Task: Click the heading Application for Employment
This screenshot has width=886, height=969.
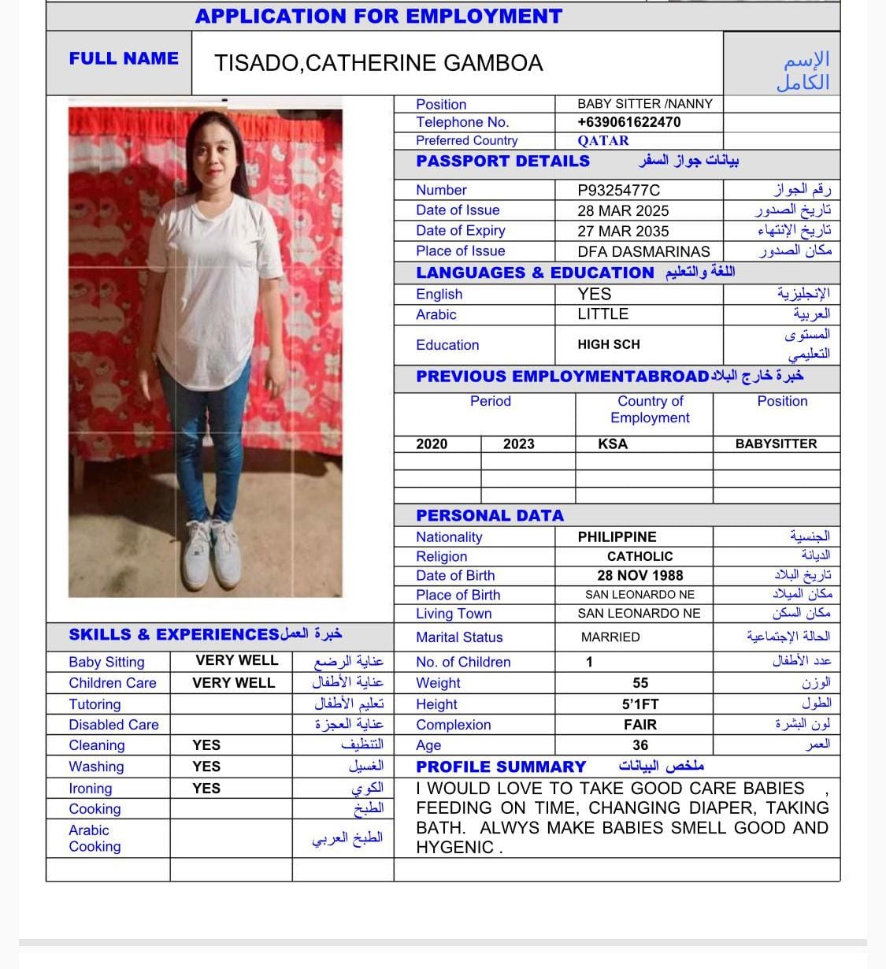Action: (379, 16)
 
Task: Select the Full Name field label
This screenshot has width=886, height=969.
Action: (124, 58)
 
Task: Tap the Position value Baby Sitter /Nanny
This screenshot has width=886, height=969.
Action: (644, 104)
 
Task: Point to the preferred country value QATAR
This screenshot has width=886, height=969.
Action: (603, 141)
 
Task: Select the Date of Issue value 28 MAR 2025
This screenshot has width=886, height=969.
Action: (623, 211)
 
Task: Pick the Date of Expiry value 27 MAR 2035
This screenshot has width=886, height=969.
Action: (623, 232)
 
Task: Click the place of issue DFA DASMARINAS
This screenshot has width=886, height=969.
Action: (643, 252)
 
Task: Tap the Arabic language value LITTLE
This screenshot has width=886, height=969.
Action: (602, 314)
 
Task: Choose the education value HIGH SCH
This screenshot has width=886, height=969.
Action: (609, 344)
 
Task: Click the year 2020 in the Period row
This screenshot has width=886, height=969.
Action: (432, 444)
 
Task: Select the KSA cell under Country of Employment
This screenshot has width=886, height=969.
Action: (613, 444)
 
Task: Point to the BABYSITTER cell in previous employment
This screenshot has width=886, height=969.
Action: (776, 444)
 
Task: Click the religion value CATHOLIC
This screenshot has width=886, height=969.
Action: (639, 557)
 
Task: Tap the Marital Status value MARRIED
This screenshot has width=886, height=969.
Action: (610, 637)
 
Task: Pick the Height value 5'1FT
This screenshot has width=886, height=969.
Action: (639, 704)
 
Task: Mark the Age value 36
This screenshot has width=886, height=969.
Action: (640, 745)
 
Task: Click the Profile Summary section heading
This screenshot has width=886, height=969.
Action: (501, 767)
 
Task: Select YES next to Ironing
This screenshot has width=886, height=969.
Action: (206, 788)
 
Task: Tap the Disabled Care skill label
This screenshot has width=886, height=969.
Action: (113, 725)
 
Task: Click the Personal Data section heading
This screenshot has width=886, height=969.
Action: (490, 516)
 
